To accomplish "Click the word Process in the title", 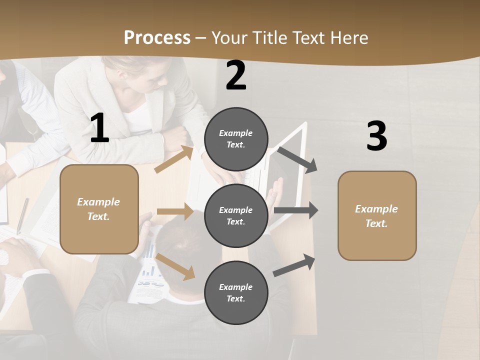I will point(157,37).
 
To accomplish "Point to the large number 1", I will point(99,128).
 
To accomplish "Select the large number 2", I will point(236,75).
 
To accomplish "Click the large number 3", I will point(376,136).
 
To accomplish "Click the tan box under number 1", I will point(99,209).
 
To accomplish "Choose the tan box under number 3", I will point(377,215).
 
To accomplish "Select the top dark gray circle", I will point(236,139).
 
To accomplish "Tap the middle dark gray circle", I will point(236,215).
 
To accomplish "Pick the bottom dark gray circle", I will point(236,292).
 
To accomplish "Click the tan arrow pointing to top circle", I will point(174,159).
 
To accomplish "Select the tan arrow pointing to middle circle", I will point(175,211).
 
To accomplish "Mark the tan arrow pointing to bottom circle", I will point(175,266).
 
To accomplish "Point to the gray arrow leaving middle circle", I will point(296,210).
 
